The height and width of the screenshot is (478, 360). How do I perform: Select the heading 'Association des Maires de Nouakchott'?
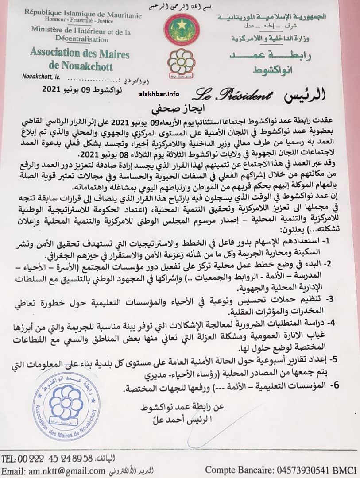click(80, 60)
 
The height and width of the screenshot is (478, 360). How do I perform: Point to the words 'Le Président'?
click(231, 94)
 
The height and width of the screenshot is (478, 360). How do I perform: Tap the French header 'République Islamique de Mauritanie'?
click(83, 15)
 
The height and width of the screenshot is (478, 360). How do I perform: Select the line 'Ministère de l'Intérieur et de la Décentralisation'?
click(81, 35)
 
